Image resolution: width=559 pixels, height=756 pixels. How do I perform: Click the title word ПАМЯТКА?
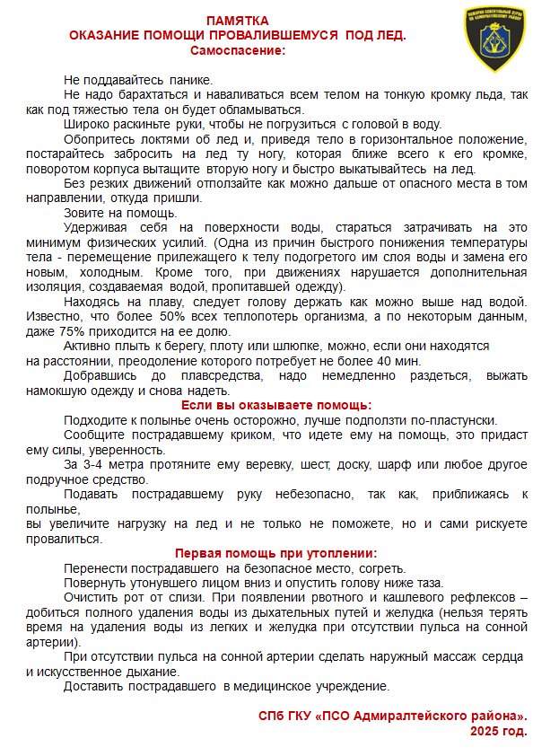tap(237, 21)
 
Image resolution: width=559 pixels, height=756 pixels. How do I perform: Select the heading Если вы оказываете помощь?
tap(276, 406)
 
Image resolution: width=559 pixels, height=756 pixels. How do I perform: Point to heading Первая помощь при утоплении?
tap(275, 554)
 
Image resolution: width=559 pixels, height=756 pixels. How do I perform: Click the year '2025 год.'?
tap(498, 730)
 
